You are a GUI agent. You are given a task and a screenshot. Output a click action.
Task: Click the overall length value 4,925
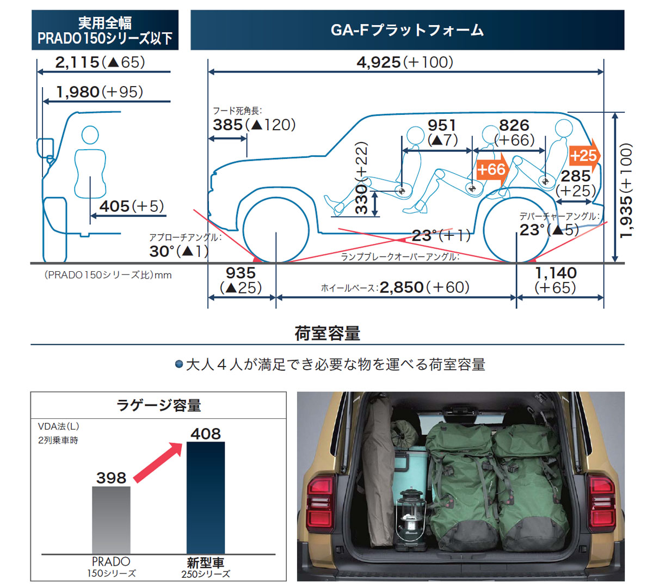tap(378, 62)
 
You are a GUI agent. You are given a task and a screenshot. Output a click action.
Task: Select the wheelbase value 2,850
tap(401, 288)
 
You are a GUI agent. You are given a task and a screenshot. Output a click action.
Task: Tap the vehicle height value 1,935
tap(626, 217)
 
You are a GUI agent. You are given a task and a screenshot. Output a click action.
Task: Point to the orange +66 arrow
tap(492, 170)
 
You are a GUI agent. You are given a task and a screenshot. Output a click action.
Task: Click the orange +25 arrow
tap(584, 156)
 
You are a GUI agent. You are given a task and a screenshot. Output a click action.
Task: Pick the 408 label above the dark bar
tap(206, 434)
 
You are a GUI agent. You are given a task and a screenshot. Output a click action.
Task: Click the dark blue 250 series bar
tap(206, 498)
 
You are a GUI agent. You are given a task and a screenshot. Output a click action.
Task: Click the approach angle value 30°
tap(162, 251)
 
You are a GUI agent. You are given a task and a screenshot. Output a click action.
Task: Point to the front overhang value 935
tap(241, 273)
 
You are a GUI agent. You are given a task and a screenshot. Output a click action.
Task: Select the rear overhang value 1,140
tap(556, 273)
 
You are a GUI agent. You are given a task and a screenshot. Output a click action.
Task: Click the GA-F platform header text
tap(407, 30)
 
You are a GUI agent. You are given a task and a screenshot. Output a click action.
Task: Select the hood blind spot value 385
tap(227, 125)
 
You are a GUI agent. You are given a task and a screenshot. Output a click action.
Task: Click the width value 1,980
tap(78, 92)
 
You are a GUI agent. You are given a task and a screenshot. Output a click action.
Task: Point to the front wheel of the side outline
tap(276, 230)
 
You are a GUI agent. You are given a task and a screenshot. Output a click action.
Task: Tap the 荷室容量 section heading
tap(327, 333)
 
